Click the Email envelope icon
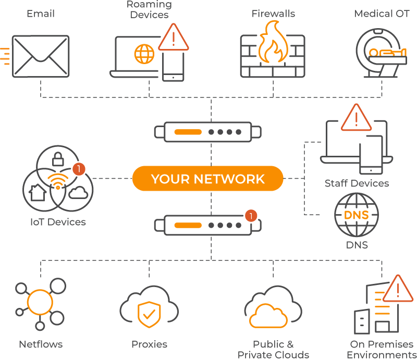pos(41,56)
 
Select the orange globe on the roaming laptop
pos(144,54)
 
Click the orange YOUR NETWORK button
pos(207,179)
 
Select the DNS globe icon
pos(357,215)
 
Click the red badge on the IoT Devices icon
pos(79,169)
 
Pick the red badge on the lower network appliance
pos(251,215)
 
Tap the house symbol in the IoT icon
pos(36,193)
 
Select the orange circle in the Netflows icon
pos(40,302)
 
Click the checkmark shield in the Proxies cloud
pos(149,314)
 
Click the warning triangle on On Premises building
pos(398,289)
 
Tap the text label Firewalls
pos(273,14)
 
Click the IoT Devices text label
pos(58,222)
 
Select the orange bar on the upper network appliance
pos(188,132)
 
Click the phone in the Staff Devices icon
pos(371,155)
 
